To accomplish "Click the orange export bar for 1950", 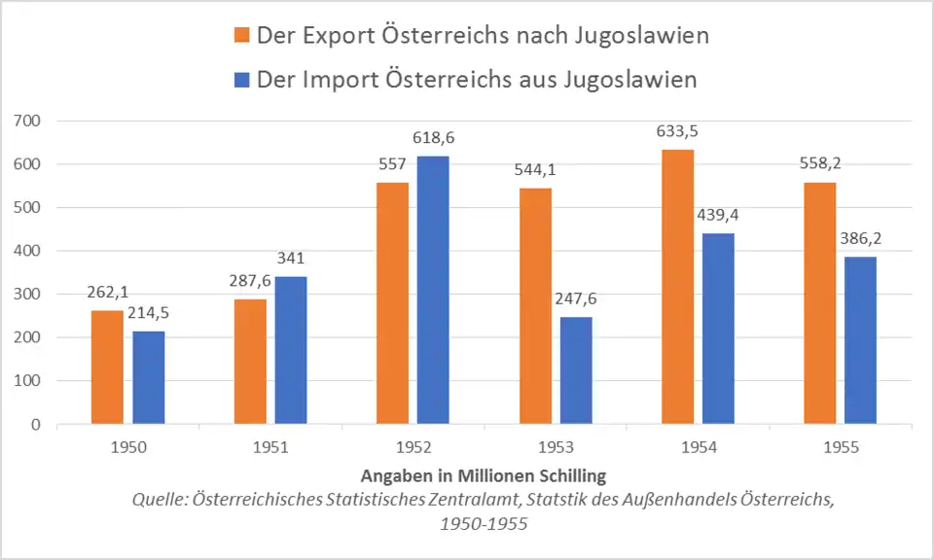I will point(107,367).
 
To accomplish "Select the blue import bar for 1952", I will point(433,290).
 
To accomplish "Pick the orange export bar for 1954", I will point(678,287).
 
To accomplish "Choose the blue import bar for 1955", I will point(860,340).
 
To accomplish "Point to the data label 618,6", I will point(433,139).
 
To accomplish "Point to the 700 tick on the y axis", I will point(28,121).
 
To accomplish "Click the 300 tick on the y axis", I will point(28,295).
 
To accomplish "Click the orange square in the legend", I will point(242,37).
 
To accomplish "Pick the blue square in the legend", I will point(242,80).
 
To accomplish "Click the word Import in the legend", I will point(336,80).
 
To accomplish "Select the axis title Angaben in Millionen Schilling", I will point(484,476).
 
